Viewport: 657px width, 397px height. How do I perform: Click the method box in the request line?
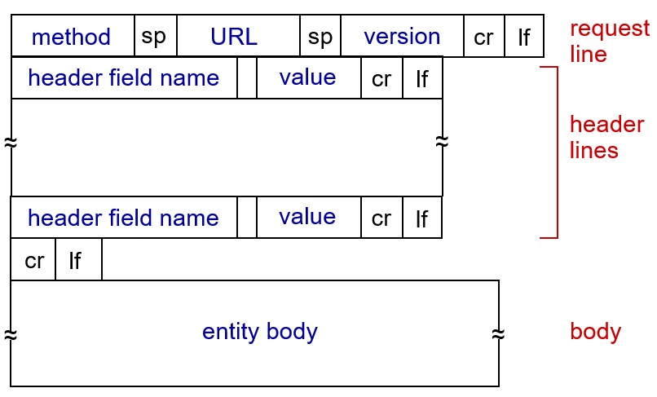click(x=73, y=36)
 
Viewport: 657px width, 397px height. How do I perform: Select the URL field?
click(x=238, y=36)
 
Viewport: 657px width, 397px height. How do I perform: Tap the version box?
click(x=403, y=36)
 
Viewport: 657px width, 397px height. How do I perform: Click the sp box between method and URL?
click(x=156, y=36)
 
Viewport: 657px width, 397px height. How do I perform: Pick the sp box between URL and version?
click(x=320, y=36)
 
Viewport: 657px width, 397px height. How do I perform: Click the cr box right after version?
click(x=484, y=36)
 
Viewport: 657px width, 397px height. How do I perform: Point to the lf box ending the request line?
click(x=525, y=36)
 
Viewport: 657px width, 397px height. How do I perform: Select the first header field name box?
click(x=124, y=78)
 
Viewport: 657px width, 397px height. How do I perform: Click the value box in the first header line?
click(x=309, y=78)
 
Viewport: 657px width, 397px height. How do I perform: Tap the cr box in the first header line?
click(x=381, y=78)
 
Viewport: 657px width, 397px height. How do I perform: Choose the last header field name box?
click(x=124, y=217)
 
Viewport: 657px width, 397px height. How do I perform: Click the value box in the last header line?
click(x=309, y=217)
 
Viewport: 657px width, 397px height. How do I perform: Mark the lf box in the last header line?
click(x=422, y=217)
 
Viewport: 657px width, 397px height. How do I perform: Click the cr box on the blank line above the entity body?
click(x=33, y=259)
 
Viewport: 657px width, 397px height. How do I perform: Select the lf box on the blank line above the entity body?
click(x=79, y=259)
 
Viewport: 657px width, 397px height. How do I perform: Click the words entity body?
click(x=260, y=332)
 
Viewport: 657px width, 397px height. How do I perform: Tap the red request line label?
click(x=610, y=41)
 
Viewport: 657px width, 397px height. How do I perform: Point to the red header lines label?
click(x=606, y=137)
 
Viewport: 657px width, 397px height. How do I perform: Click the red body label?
click(x=595, y=332)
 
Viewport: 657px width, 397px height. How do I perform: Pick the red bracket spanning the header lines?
click(x=558, y=152)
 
